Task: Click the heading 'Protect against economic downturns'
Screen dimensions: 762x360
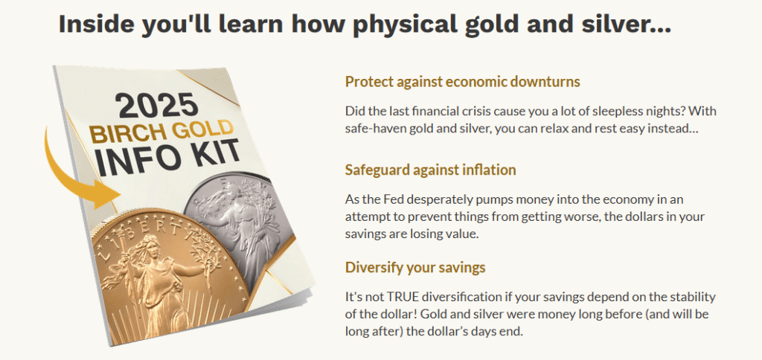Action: tap(463, 82)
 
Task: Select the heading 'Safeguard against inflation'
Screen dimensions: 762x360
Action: tap(431, 170)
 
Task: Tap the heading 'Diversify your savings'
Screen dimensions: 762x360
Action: tap(415, 268)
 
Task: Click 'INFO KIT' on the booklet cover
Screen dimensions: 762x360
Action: tap(168, 158)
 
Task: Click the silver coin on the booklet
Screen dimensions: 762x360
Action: tap(239, 228)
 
